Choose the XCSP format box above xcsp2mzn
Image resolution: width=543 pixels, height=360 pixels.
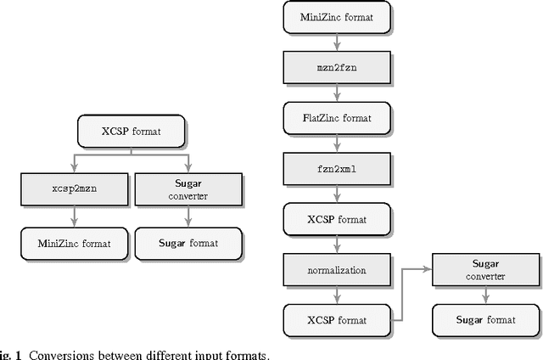pos(131,132)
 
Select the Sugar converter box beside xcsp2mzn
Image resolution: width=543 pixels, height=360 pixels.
pos(188,188)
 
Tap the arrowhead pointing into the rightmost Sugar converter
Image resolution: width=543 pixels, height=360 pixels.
pos(428,268)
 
